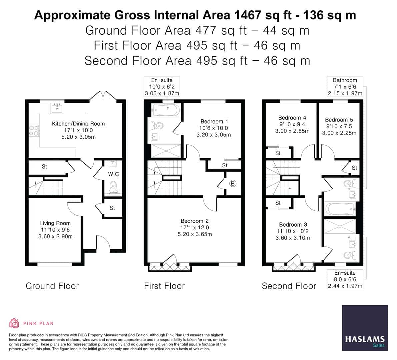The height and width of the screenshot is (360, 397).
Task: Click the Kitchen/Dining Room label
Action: point(78,124)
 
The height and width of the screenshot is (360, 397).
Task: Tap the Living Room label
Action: point(55,223)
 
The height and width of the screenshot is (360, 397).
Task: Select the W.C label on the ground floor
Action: point(113,174)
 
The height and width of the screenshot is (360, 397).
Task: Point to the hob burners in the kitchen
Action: point(34,130)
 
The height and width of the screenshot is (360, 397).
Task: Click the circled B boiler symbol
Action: point(233,183)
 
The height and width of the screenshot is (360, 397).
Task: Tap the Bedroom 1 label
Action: point(214,122)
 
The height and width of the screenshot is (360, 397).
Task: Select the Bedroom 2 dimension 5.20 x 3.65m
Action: point(196,234)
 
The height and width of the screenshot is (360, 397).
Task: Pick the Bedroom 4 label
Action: point(292,118)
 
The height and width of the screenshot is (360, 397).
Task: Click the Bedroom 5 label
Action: point(339,120)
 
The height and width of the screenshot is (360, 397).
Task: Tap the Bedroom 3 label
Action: point(293,225)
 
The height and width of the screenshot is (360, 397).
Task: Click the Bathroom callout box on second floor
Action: point(345,86)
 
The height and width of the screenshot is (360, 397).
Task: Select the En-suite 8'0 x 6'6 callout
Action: point(345,279)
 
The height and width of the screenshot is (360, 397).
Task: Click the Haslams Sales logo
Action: point(365,328)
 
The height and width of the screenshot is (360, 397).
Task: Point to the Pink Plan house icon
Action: point(14,323)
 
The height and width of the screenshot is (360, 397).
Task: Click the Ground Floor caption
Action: point(52,286)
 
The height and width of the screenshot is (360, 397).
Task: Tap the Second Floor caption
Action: point(289,286)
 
